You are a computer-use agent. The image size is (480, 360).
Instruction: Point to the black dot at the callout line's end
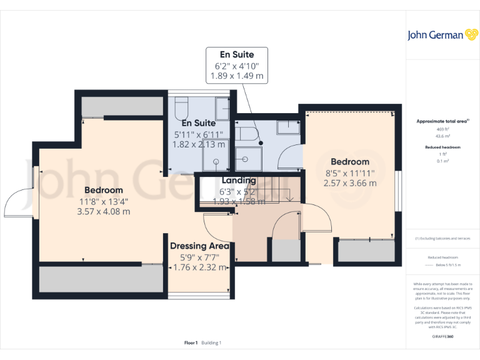(261, 143)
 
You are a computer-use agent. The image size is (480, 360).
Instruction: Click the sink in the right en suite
(288, 127)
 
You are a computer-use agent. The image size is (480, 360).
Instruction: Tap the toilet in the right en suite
(245, 134)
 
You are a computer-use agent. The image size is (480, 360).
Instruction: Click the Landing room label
(239, 180)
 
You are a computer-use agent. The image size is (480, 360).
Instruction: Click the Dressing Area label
(199, 246)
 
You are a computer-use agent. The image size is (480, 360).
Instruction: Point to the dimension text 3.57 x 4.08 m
(103, 211)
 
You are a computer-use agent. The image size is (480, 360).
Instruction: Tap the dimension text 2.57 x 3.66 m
(350, 183)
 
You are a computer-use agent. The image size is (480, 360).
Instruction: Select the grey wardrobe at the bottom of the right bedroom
(367, 251)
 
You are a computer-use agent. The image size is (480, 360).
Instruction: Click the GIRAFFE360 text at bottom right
(442, 337)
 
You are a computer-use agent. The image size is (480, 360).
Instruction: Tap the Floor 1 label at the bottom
(191, 342)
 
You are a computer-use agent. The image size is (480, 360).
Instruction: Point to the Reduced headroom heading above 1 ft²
(442, 147)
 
